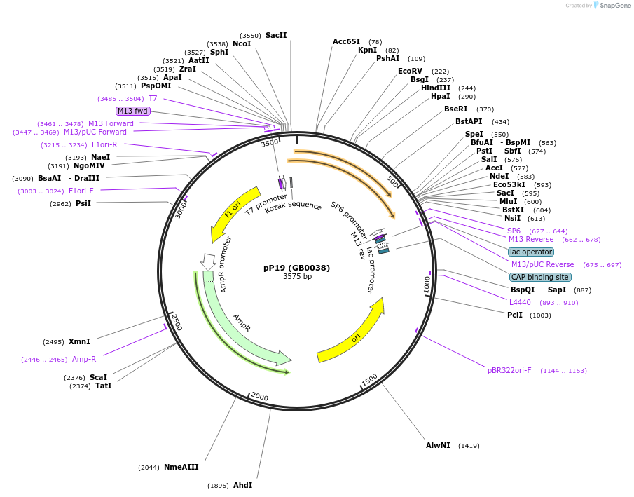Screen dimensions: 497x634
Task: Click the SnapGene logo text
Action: (615, 6)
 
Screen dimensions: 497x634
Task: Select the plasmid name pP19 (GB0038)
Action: (296, 268)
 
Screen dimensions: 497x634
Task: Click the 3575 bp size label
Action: (297, 277)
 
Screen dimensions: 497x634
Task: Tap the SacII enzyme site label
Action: (276, 35)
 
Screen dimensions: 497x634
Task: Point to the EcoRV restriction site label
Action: (410, 71)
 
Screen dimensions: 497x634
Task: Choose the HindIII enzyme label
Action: (436, 88)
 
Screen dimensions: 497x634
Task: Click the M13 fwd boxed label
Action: (133, 111)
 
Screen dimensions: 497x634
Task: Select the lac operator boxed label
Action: (531, 252)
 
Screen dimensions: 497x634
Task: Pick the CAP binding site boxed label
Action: (540, 277)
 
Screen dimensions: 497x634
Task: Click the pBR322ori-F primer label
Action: (509, 370)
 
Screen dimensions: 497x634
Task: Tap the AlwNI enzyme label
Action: (438, 445)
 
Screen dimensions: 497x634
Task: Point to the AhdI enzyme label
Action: (242, 485)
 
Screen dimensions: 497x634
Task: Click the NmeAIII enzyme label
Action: (182, 467)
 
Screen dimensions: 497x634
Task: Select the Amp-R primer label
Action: (84, 359)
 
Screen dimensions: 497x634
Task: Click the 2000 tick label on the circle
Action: (259, 397)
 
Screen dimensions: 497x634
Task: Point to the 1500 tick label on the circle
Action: (369, 380)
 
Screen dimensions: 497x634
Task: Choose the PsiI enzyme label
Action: (83, 203)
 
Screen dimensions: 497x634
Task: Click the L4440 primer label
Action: (520, 302)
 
